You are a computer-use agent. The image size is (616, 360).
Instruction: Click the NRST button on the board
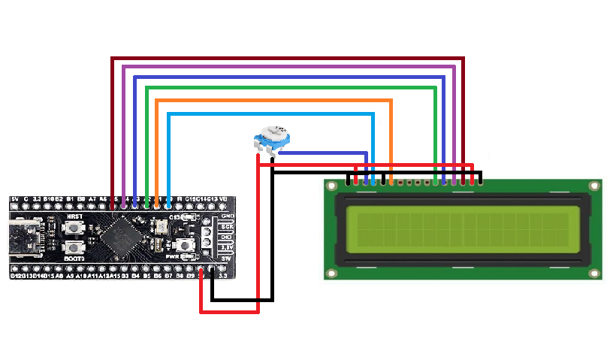[x=74, y=225]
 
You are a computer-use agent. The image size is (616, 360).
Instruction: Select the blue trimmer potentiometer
[x=270, y=140]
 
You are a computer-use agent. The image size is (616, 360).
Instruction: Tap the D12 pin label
[x=17, y=276]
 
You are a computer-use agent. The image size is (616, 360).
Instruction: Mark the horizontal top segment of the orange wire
[x=274, y=100]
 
